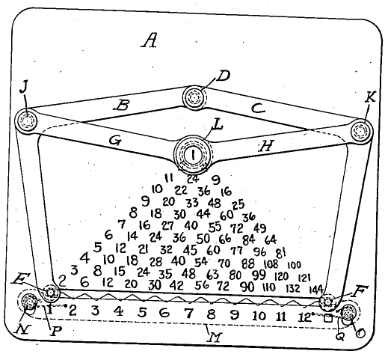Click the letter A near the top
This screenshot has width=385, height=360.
click(150, 40)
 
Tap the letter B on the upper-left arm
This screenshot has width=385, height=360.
click(122, 105)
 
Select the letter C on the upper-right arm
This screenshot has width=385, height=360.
click(257, 108)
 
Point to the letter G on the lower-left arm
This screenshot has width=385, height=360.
click(115, 141)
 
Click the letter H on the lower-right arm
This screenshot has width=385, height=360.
click(266, 145)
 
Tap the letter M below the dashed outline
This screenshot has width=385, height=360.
click(215, 338)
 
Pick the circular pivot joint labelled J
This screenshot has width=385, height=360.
click(26, 120)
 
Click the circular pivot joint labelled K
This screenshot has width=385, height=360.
click(361, 131)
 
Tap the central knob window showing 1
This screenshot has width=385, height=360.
click(193, 155)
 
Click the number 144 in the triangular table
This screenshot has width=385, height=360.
click(315, 290)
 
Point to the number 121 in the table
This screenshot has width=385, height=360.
click(304, 278)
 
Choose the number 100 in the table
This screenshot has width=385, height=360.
click(294, 265)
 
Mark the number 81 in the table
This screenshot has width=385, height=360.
click(281, 254)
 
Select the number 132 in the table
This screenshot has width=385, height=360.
click(292, 288)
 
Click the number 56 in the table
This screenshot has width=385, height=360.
click(202, 285)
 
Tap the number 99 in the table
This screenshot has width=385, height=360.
click(259, 275)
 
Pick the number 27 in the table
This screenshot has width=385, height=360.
click(167, 225)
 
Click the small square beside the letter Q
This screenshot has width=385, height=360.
click(328, 318)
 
